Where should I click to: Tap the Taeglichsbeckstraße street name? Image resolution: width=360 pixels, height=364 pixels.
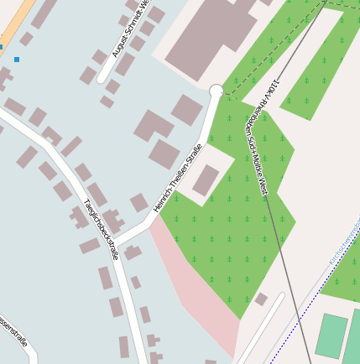102,229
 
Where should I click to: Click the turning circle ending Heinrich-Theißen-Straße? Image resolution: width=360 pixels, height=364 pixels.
217,91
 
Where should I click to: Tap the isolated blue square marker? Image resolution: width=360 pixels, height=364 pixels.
17,60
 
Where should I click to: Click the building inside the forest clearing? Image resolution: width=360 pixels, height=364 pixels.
206,179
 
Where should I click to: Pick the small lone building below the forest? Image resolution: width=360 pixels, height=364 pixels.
261,299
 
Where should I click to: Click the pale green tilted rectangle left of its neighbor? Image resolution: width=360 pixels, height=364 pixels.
331,335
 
